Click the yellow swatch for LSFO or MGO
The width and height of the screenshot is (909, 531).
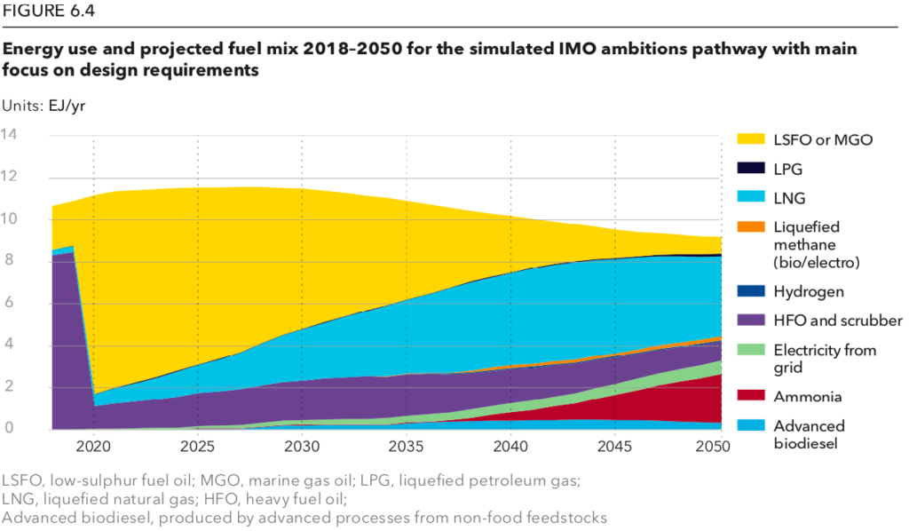[751, 139]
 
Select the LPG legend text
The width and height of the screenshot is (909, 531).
[786, 168]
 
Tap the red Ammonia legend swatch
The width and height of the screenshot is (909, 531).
[751, 397]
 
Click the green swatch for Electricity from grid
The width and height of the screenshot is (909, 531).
[751, 350]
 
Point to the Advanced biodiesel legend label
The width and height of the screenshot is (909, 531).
[808, 435]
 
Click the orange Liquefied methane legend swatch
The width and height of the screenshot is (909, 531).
[751, 226]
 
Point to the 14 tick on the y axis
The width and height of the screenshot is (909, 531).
[10, 135]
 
